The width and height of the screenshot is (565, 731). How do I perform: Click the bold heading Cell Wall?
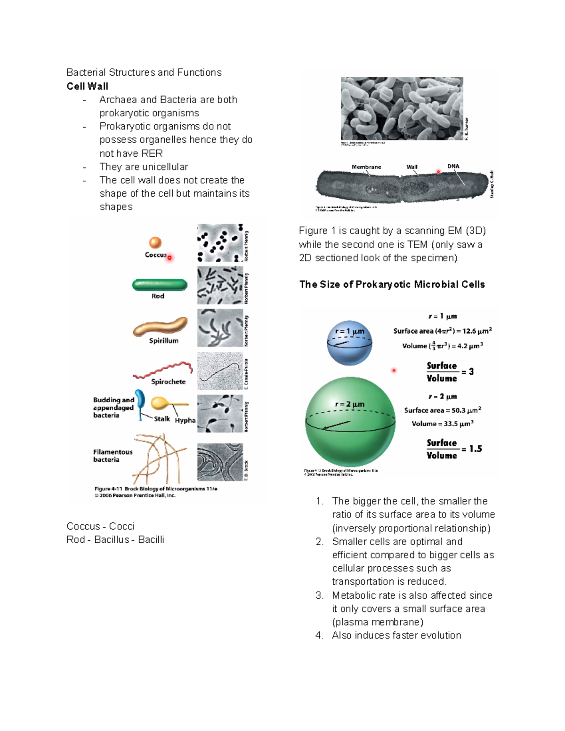click(x=87, y=86)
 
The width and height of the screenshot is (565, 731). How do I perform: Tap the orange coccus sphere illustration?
click(x=155, y=242)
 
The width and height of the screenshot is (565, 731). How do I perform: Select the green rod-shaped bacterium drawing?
click(x=160, y=285)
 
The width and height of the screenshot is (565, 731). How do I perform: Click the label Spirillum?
click(x=163, y=341)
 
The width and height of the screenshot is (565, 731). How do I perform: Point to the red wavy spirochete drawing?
click(x=163, y=370)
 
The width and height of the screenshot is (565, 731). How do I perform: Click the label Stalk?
click(x=161, y=418)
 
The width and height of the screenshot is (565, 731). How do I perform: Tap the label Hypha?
click(x=185, y=420)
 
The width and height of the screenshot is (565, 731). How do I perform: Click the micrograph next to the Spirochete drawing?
click(x=220, y=371)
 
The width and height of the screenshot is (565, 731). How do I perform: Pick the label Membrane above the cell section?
click(x=366, y=167)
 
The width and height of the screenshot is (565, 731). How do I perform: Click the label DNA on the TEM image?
click(x=453, y=166)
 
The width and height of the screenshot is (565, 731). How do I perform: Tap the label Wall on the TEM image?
click(x=412, y=167)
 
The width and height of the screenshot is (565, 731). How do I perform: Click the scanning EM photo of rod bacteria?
click(x=402, y=108)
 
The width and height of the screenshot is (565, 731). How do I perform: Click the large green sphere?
click(x=350, y=421)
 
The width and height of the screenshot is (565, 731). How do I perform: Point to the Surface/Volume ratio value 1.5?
click(x=476, y=449)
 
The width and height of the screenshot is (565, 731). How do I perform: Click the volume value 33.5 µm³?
click(x=443, y=424)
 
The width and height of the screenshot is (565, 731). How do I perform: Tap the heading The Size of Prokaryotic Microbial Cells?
click(x=392, y=284)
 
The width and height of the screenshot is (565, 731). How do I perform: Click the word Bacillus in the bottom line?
click(x=111, y=539)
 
